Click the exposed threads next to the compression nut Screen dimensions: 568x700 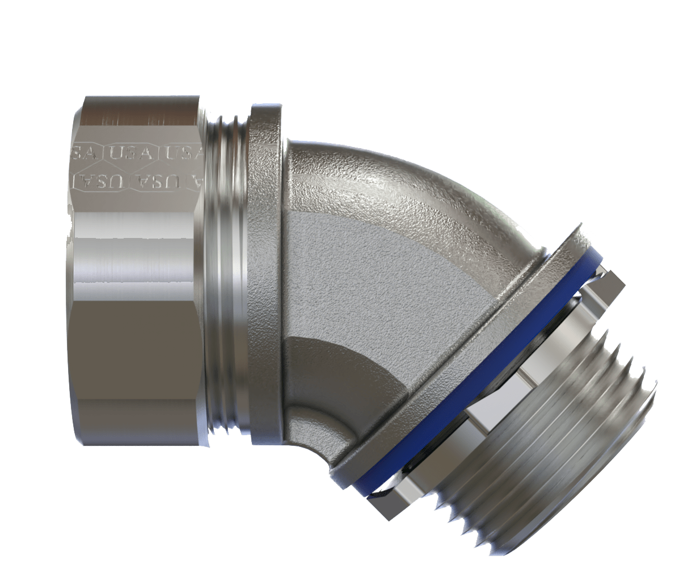(227, 273)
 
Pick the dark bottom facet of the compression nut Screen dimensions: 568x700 (136, 386)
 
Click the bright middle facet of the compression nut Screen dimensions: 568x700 (136, 250)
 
